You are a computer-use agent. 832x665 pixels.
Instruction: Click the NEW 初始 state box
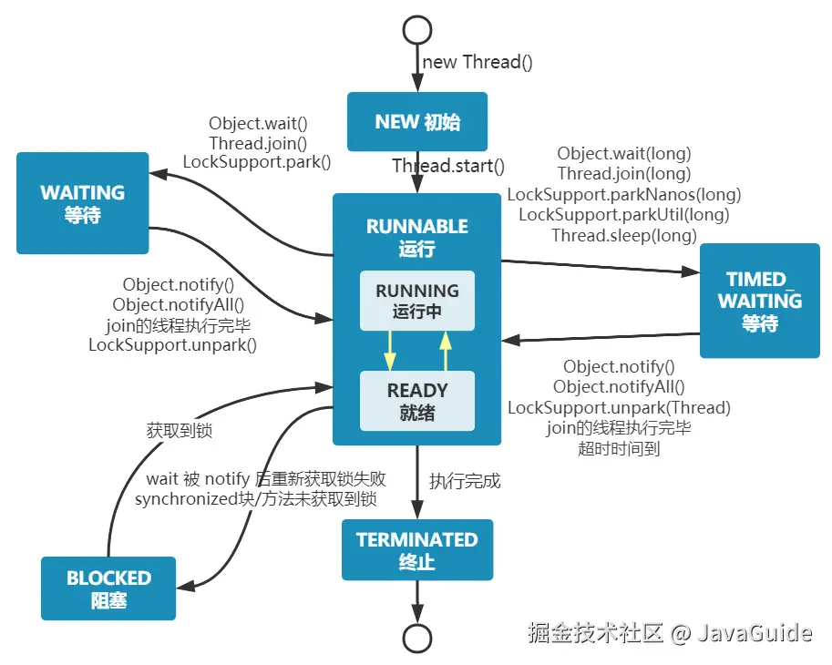click(417, 122)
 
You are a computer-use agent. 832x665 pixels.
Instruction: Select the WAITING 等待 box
click(82, 203)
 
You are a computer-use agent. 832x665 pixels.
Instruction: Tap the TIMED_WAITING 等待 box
click(759, 301)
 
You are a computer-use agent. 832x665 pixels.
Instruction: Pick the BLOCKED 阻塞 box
click(108, 588)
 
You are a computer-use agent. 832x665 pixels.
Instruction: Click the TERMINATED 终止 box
click(416, 550)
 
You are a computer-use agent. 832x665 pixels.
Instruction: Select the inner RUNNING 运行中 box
click(417, 301)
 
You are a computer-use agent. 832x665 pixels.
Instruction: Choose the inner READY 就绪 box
click(417, 401)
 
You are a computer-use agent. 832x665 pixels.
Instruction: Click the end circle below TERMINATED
click(417, 639)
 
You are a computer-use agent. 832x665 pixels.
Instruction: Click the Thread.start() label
click(448, 166)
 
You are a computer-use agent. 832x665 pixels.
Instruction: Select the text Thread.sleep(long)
click(624, 235)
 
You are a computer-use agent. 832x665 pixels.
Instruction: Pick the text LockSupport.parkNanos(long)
click(624, 194)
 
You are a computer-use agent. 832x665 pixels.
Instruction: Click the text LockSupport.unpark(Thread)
click(619, 407)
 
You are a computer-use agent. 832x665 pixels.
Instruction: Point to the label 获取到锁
click(179, 431)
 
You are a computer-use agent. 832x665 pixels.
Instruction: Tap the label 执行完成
click(466, 481)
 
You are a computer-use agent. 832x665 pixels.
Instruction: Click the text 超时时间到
click(619, 448)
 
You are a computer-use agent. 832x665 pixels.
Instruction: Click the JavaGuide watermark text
click(754, 632)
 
